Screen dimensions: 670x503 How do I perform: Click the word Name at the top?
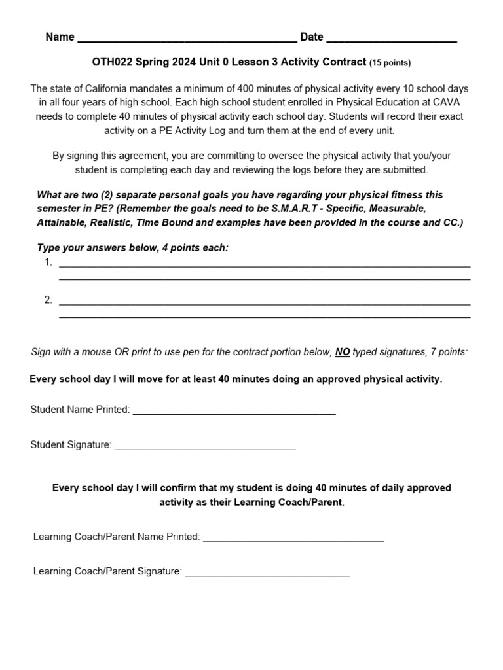(60, 37)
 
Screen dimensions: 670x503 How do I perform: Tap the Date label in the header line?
(312, 37)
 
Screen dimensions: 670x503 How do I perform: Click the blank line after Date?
(391, 39)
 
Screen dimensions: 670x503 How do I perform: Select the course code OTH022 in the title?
(112, 62)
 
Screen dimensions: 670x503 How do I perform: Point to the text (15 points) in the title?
(390, 63)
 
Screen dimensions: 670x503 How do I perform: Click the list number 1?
(48, 262)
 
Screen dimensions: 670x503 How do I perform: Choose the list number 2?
(48, 300)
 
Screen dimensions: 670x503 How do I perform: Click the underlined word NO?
(343, 352)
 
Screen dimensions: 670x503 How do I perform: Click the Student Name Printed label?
(80, 410)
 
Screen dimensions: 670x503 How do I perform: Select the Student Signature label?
(71, 445)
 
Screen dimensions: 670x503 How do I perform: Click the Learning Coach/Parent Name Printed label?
(117, 537)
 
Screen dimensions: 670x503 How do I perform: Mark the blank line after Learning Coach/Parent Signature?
(267, 574)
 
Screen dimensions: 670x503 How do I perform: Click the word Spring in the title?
(162, 62)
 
